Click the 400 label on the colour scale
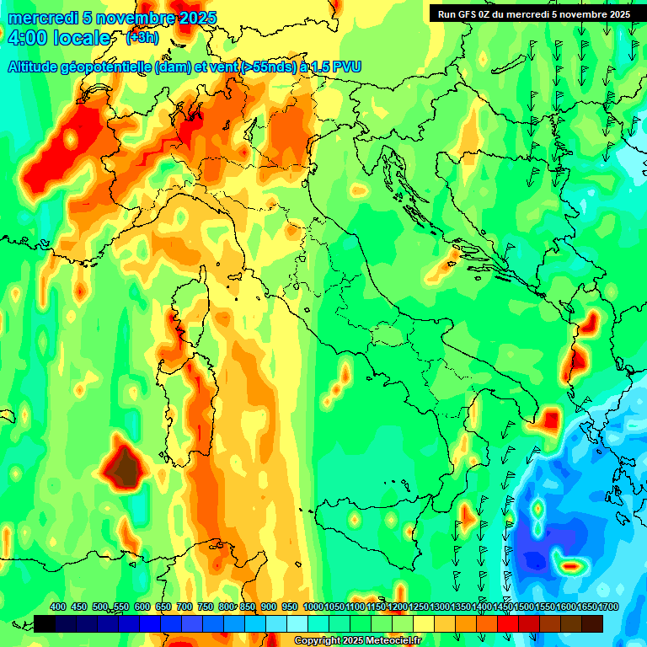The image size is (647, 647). pos(58,607)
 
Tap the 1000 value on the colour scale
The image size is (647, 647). pos(313,607)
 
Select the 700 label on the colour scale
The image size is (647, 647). pos(184,607)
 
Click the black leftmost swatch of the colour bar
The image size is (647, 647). pos(44,623)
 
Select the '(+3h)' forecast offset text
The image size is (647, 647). pos(142,38)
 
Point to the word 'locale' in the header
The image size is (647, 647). pos(81,38)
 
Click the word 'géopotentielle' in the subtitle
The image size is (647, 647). pos(109,67)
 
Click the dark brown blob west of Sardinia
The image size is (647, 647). pos(124,466)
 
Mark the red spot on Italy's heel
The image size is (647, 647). pos(551,419)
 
